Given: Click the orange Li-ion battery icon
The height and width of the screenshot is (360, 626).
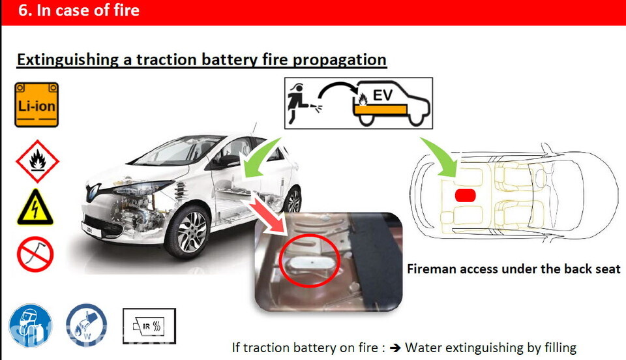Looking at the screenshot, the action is pos(37,104).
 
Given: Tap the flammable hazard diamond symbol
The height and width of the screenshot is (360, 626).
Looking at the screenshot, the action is pos(37,161).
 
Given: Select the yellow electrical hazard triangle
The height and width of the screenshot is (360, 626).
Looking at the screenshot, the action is pos(35,207).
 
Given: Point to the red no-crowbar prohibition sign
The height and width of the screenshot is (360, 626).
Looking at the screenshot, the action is pos(35,254).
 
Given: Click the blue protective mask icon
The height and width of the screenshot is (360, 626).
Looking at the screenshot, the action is pos(31,325).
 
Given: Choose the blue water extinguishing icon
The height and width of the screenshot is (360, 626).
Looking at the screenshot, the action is pos(86,325).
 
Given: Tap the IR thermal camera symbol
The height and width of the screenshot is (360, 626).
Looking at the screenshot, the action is pos(149,325).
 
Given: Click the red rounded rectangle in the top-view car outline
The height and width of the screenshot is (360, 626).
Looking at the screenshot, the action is pos(465,196).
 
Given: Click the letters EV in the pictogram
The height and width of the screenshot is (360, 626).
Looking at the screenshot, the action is pos(383,95).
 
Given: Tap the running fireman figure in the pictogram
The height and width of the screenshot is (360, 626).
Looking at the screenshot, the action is pos(296,102).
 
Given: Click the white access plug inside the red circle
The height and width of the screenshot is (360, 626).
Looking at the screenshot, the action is pos(309,262).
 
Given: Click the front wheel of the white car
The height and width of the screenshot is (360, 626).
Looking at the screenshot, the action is pos(188,232).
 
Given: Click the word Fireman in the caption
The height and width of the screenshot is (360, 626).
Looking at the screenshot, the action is pos(431,269).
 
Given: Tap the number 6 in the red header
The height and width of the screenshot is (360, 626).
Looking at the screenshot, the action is pos(23,10).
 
